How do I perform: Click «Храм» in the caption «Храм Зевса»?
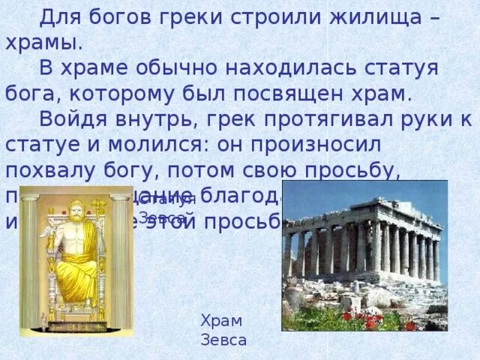[222, 321]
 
